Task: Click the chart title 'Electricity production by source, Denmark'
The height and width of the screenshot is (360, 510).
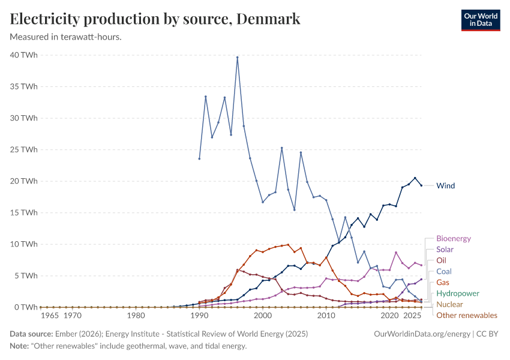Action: pyautogui.click(x=155, y=19)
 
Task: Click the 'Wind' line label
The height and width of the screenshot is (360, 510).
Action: pyautogui.click(x=445, y=185)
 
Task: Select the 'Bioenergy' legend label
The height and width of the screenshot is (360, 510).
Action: pyautogui.click(x=453, y=238)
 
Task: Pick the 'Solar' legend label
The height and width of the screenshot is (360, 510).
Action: pyautogui.click(x=445, y=249)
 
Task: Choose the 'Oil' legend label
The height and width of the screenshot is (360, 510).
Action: pyautogui.click(x=441, y=260)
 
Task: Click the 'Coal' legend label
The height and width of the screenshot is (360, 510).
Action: pyautogui.click(x=443, y=271)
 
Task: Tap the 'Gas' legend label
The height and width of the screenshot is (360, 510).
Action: pyautogui.click(x=442, y=282)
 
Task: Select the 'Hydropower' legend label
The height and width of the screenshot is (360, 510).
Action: pyautogui.click(x=457, y=293)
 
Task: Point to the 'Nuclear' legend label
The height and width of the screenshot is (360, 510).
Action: pyautogui.click(x=449, y=304)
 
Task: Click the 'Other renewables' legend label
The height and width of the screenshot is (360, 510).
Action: pyautogui.click(x=466, y=315)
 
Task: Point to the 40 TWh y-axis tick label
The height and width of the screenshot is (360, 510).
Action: pyautogui.click(x=23, y=55)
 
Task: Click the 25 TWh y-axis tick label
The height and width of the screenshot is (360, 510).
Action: pyautogui.click(x=23, y=149)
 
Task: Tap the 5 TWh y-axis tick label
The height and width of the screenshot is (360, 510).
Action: pyautogui.click(x=25, y=275)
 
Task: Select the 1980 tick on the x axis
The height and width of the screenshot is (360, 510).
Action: pyautogui.click(x=136, y=315)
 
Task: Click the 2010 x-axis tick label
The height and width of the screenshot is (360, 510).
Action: pyautogui.click(x=326, y=315)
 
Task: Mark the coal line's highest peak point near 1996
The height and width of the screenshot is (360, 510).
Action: pyautogui.click(x=238, y=58)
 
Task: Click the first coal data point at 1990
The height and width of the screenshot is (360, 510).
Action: pyautogui.click(x=199, y=158)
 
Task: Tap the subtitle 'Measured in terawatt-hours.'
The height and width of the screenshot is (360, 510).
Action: pyautogui.click(x=66, y=37)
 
